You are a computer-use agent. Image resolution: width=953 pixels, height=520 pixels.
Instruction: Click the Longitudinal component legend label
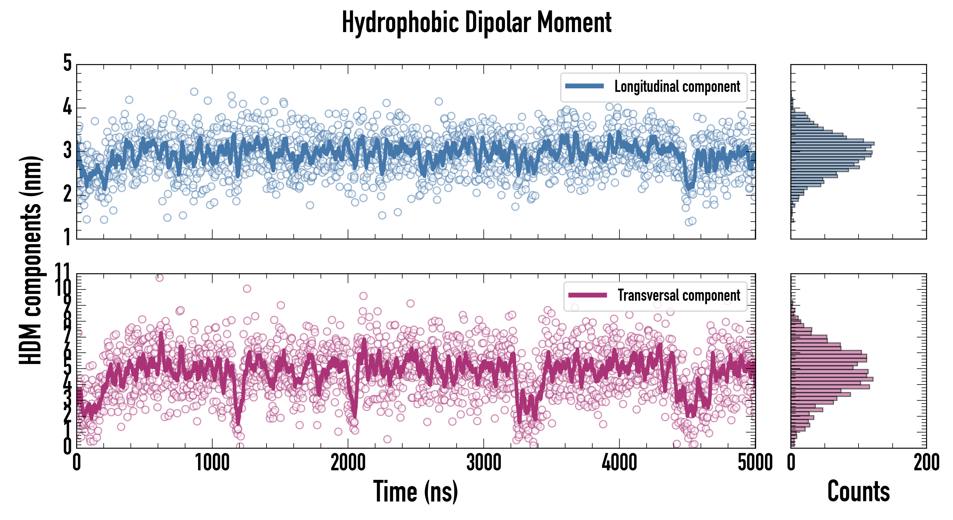tap(677, 87)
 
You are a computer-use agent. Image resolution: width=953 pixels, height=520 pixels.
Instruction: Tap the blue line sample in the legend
tap(585, 86)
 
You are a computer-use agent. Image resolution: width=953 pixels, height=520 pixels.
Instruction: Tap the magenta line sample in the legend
tap(587, 295)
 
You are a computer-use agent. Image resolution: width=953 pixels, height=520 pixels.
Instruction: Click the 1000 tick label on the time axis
tap(212, 463)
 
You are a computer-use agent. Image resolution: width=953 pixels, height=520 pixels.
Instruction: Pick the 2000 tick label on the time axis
tap(348, 463)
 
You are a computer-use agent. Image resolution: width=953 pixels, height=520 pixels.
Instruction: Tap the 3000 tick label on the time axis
tap(483, 463)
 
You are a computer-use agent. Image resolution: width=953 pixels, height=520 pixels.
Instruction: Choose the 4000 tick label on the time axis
tap(619, 463)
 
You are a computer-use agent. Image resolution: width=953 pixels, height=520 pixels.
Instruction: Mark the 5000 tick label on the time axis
tap(755, 463)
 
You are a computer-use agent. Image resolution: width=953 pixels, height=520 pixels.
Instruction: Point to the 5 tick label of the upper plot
tap(67, 63)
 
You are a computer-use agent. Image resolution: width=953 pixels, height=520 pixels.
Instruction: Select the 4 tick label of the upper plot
tap(67, 107)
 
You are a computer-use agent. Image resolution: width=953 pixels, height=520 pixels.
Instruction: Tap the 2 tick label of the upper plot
tap(67, 194)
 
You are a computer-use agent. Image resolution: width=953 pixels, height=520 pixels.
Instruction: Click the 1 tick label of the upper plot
tap(67, 237)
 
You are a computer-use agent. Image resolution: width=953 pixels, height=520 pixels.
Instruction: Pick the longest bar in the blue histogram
tap(832, 143)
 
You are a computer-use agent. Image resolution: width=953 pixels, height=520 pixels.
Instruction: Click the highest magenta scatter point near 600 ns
tap(159, 278)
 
